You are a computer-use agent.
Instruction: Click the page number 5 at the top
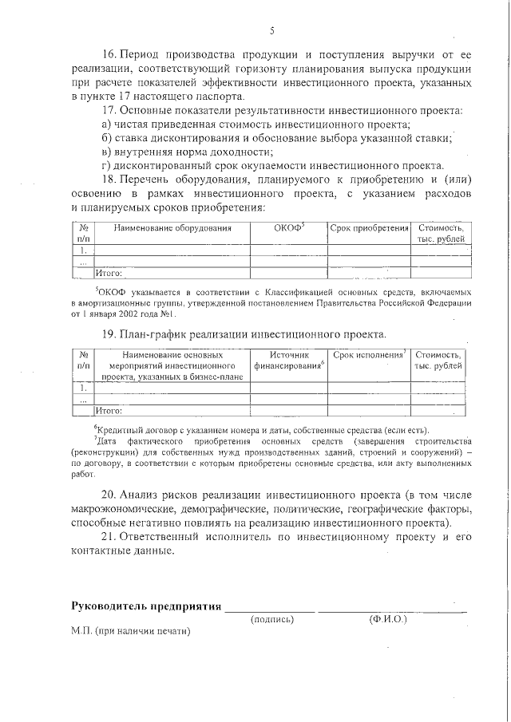[271, 31]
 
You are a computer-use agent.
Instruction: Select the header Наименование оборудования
[172, 229]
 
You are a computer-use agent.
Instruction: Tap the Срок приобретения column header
[369, 229]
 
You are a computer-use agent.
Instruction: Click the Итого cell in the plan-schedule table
[109, 411]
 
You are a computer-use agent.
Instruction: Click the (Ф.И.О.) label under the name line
[389, 619]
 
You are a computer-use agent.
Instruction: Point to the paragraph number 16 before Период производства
[110, 55]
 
